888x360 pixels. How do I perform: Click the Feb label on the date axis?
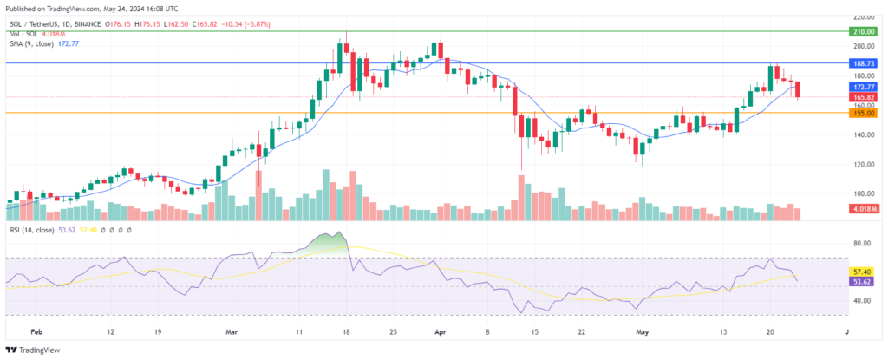point(36,331)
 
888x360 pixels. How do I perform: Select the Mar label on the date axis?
point(231,331)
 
